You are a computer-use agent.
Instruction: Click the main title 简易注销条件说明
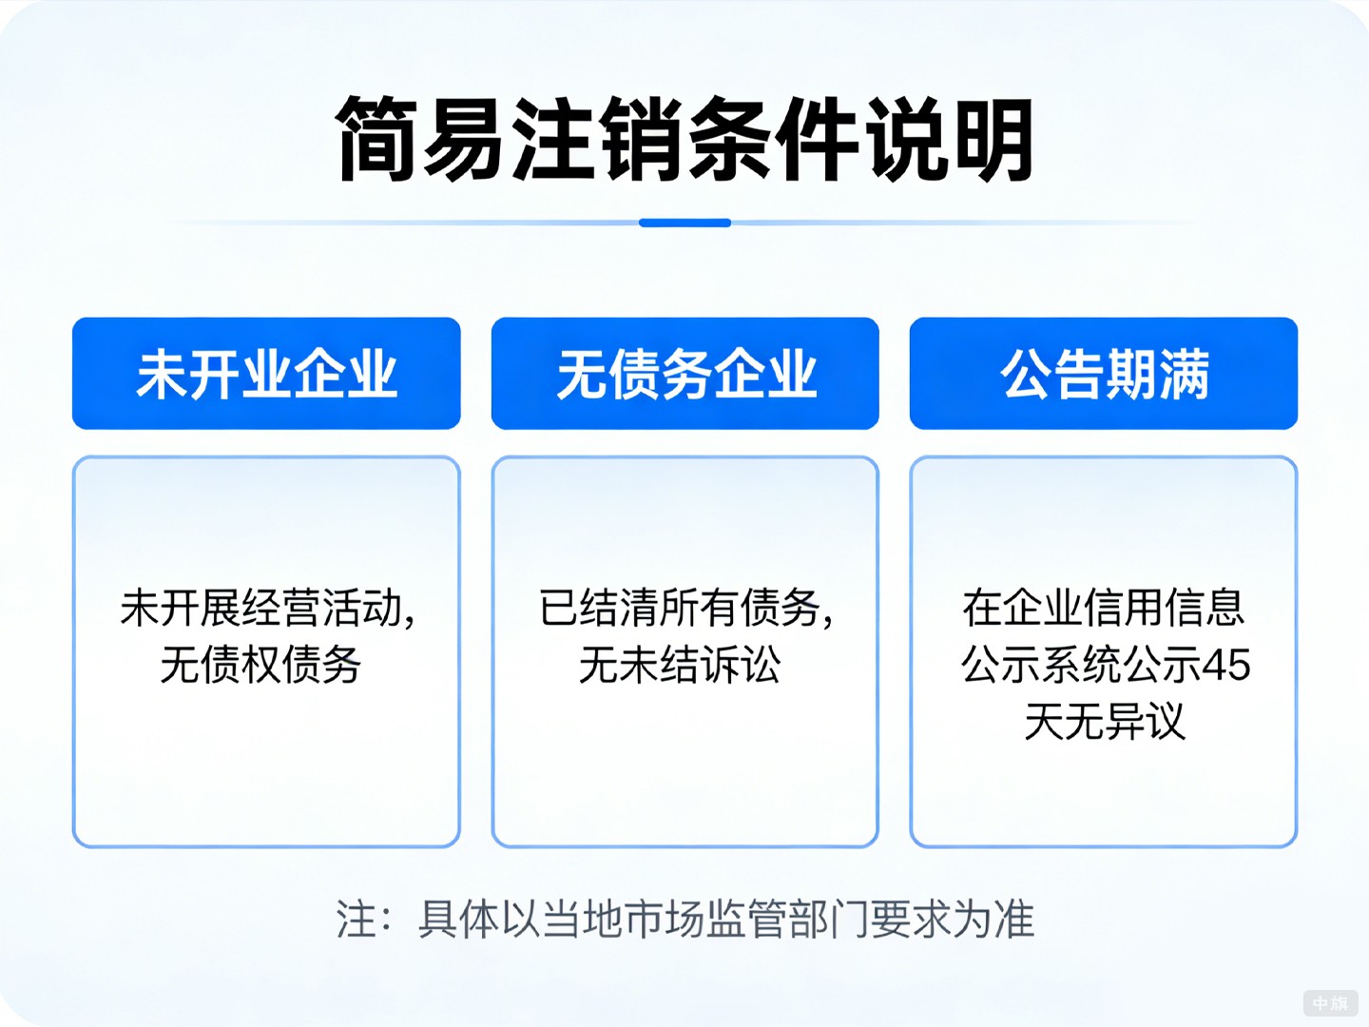point(684,140)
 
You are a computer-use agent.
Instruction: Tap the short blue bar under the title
point(684,223)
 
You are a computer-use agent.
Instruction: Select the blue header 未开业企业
point(266,374)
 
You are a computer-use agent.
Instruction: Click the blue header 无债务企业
point(684,374)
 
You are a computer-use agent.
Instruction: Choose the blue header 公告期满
point(1104,374)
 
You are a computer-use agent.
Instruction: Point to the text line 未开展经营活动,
point(267,609)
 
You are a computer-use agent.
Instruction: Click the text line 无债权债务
point(260,665)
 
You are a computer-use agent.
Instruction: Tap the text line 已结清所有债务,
point(685,609)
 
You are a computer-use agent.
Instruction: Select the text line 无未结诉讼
point(680,665)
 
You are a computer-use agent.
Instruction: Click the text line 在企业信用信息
point(1103,609)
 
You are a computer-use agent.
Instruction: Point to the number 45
point(1225,666)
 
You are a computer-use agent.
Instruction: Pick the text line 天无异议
point(1105,722)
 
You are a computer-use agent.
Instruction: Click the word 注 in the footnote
point(357,920)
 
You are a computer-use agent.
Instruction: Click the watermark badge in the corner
point(1330,1003)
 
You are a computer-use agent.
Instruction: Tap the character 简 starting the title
point(377,140)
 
